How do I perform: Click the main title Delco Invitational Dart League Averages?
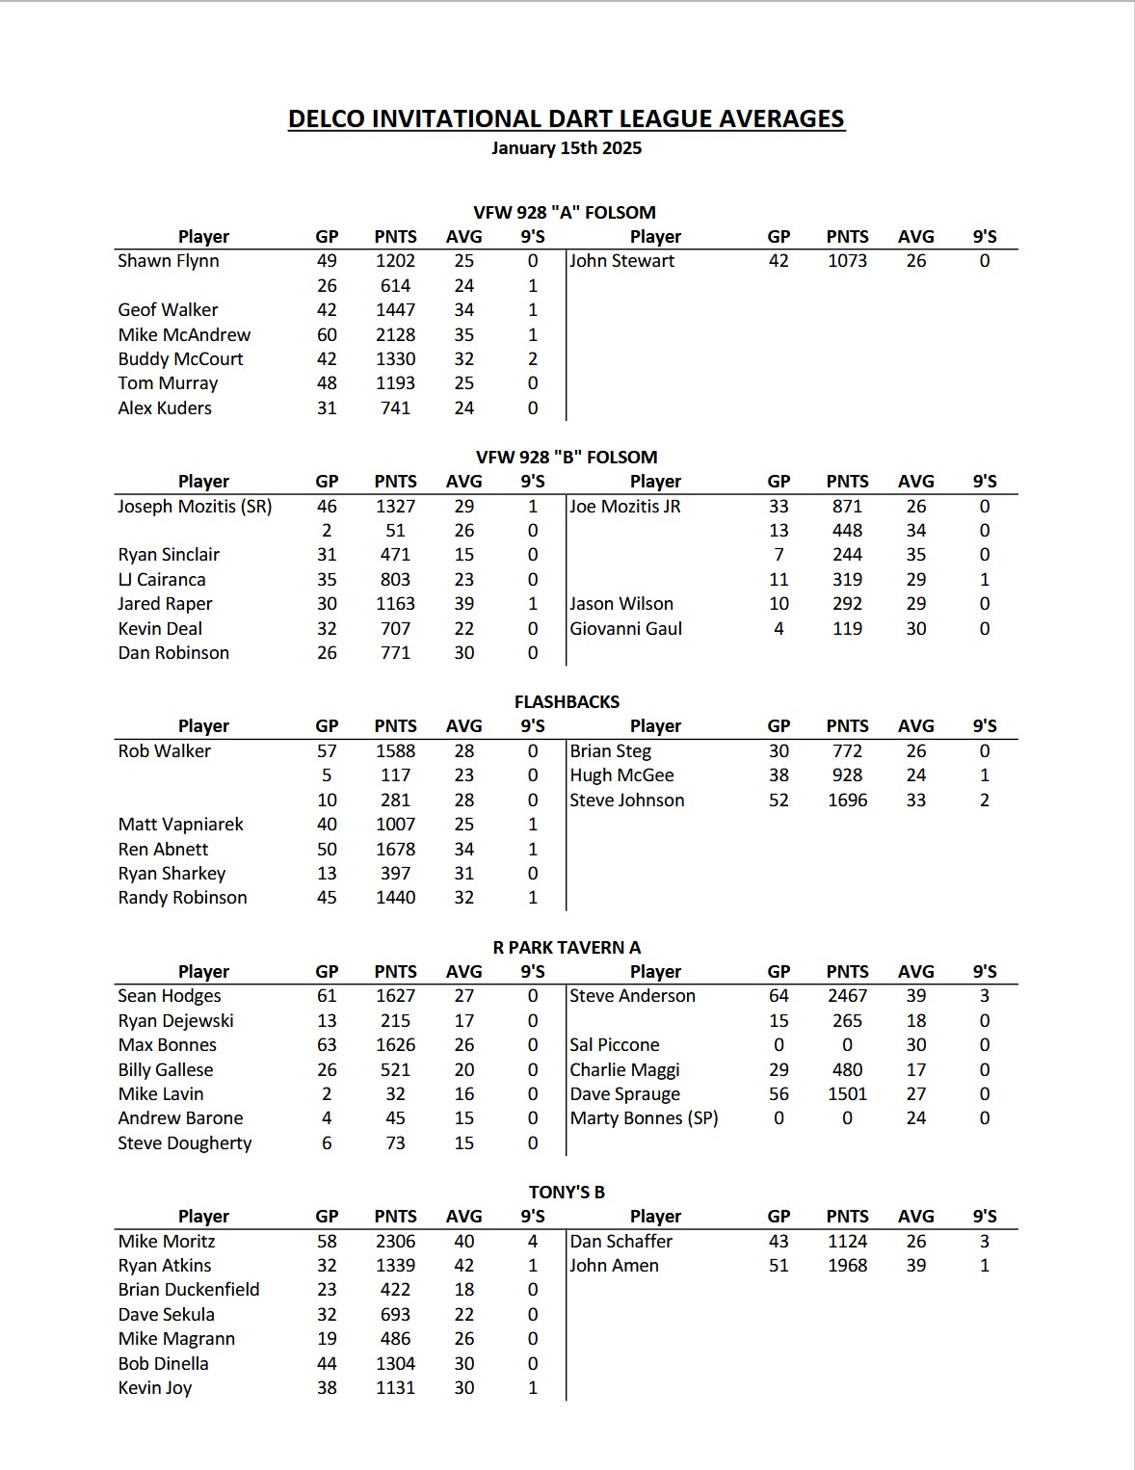click(x=567, y=119)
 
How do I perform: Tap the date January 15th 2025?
click(x=567, y=148)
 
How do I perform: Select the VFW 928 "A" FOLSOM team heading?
click(x=565, y=213)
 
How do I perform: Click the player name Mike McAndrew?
click(x=184, y=334)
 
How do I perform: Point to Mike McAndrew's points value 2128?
click(x=395, y=334)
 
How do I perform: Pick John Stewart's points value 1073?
click(x=847, y=261)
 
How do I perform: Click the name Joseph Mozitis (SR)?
click(x=195, y=506)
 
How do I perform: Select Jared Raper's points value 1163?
click(x=395, y=604)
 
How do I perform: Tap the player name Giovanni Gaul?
click(x=625, y=628)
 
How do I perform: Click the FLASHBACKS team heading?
click(x=567, y=702)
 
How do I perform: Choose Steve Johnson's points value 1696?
click(x=847, y=801)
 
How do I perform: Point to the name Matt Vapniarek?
click(x=180, y=825)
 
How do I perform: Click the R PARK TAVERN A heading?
click(x=567, y=948)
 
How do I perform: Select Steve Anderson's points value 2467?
click(x=847, y=996)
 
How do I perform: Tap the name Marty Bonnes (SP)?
click(x=644, y=1118)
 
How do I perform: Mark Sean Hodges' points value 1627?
click(x=395, y=996)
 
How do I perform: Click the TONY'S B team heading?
click(x=567, y=1193)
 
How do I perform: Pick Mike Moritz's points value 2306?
click(x=395, y=1242)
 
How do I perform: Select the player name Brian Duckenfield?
click(x=189, y=1290)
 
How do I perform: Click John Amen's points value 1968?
click(x=847, y=1266)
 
